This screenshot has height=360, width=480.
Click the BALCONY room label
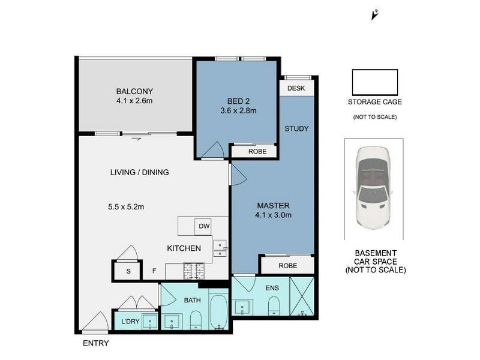[134, 91]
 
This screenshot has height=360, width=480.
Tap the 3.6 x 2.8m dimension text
[238, 110]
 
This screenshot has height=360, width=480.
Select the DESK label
[296, 88]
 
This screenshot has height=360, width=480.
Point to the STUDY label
[296, 128]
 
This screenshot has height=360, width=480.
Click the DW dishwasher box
[203, 227]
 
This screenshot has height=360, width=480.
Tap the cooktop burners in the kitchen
[193, 271]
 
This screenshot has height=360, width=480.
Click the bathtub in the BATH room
[218, 311]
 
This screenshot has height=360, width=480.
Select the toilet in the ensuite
[274, 305]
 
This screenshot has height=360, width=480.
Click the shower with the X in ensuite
[302, 296]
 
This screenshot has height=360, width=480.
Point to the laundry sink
[149, 322]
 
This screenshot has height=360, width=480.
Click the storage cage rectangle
[374, 82]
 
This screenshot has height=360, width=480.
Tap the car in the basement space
[372, 188]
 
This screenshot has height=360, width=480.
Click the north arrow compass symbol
[374, 14]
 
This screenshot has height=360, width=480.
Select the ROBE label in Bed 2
[257, 152]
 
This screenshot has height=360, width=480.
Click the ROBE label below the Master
[288, 266]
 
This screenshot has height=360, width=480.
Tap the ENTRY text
[96, 343]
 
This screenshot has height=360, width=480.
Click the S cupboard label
[128, 271]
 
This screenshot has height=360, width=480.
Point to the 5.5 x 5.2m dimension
[126, 207]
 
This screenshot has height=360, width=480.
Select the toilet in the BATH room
[196, 320]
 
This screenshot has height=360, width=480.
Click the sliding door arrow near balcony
[136, 139]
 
